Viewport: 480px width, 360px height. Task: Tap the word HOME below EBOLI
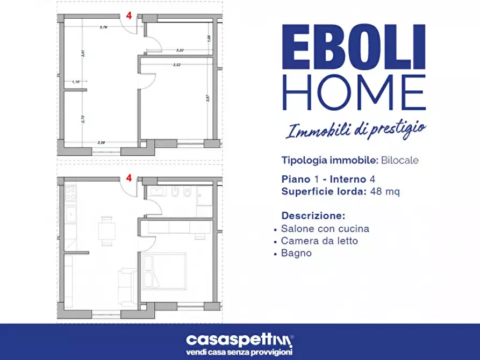pos(354,93)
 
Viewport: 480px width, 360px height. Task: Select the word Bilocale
pos(400,160)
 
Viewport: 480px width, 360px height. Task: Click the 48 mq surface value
pos(384,191)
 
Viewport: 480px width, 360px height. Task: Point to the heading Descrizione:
pos(313,215)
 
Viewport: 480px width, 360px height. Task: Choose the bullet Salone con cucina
pos(325,228)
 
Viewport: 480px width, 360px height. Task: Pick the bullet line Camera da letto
pos(319,241)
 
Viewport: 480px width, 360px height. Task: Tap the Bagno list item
pos(296,253)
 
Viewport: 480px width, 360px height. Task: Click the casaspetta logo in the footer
pos(240,340)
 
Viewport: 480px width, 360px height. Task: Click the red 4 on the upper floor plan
pos(129,15)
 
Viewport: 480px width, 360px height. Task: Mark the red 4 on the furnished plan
pos(129,177)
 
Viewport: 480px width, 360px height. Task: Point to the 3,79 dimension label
pos(103,27)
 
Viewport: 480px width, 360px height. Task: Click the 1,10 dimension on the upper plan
pos(75,82)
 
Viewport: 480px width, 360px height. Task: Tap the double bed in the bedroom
pos(163,271)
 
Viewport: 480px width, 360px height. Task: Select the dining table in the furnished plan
pos(106,231)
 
